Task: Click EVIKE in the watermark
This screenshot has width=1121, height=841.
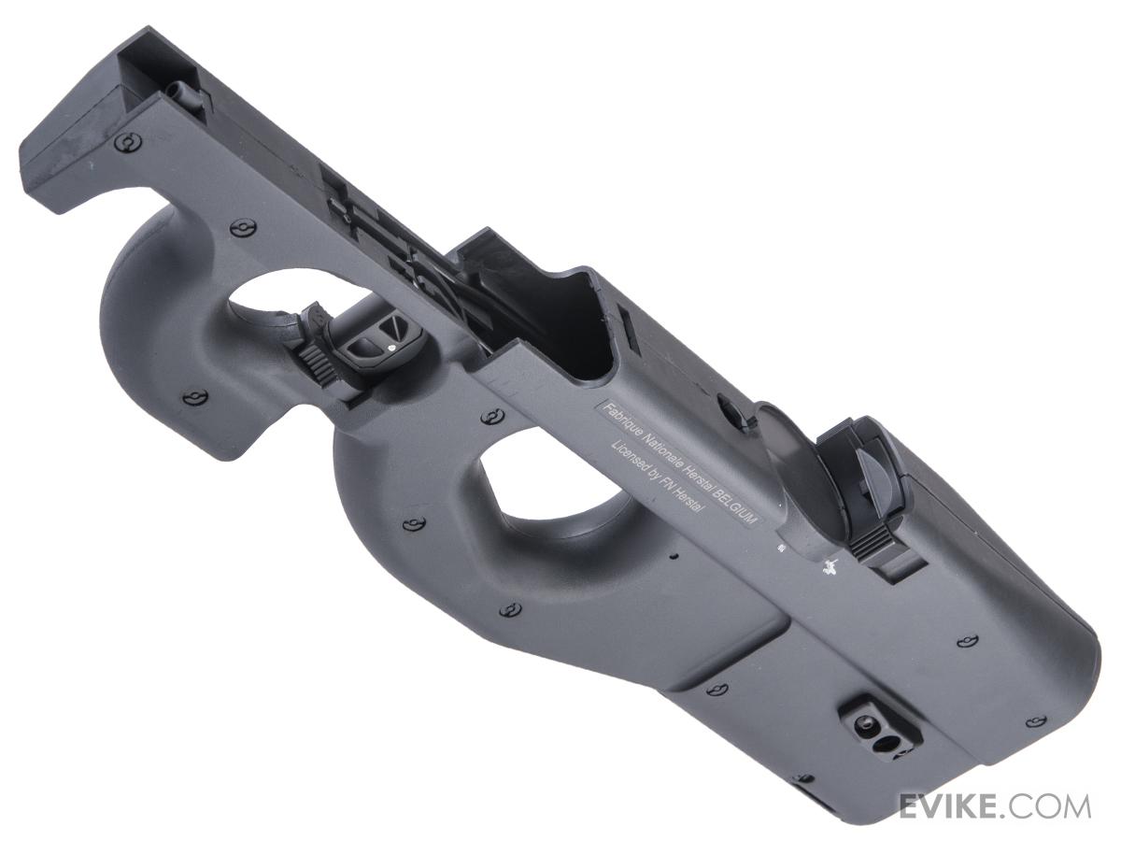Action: (942, 806)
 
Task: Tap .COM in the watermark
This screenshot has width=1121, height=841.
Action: (1040, 806)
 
